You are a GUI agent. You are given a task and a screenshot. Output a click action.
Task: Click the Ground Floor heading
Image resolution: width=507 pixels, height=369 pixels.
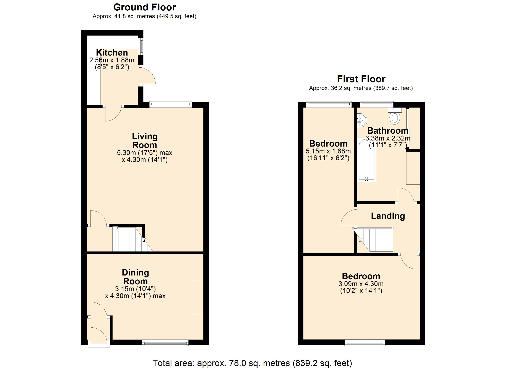point(144,7)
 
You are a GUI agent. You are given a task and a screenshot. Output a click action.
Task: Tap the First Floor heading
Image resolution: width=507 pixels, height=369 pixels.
point(361,79)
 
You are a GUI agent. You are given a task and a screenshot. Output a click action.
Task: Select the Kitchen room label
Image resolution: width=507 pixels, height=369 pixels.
point(112,52)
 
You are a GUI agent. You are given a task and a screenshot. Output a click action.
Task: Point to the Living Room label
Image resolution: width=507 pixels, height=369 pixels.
point(144,141)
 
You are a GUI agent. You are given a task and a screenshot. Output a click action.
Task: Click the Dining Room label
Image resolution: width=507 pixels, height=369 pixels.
point(135,277)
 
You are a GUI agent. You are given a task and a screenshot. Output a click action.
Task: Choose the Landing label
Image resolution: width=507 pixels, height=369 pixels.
point(388,216)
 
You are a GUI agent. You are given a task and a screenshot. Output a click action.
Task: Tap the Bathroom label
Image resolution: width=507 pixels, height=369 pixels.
point(388,131)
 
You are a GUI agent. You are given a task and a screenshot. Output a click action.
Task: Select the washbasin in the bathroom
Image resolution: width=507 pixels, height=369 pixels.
point(362,120)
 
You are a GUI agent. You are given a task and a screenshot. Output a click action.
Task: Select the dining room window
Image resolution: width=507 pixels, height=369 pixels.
point(165,343)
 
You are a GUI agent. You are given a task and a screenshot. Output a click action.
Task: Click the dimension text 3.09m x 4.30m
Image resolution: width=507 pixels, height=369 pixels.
point(361,284)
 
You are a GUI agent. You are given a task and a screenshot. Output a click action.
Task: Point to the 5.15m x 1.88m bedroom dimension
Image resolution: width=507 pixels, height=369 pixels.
point(328,151)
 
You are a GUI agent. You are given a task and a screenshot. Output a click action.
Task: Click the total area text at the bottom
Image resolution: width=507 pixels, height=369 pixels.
point(252,363)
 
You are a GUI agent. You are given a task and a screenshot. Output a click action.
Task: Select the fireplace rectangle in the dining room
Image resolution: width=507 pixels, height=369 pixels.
point(196,297)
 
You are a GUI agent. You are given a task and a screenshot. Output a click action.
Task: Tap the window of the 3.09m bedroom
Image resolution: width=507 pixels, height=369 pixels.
point(365,343)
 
